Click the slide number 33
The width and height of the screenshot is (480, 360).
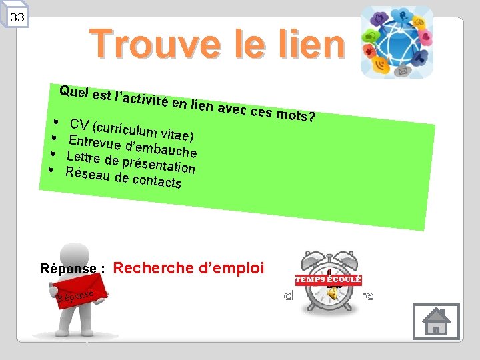coord(17,17)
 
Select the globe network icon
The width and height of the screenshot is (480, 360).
coord(397,43)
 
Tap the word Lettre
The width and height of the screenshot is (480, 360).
coord(84,158)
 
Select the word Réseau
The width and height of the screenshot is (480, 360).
coord(88,173)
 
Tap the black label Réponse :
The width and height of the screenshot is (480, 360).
coord(73,269)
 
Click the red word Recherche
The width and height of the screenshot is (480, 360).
coord(154,268)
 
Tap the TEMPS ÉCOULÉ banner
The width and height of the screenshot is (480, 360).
coord(329,280)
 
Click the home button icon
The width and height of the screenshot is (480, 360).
coord(436,321)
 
